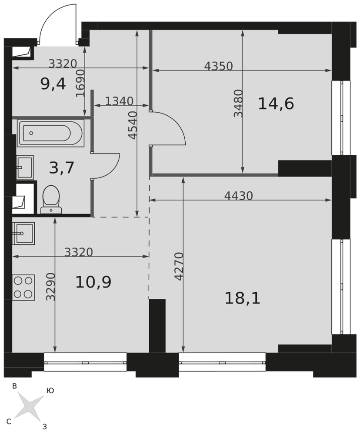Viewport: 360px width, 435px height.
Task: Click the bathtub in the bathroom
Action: point(51,133)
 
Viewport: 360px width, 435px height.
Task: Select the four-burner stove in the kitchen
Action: point(23,288)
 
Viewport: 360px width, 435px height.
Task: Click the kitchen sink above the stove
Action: point(23,233)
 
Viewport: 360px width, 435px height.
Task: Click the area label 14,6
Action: point(276,104)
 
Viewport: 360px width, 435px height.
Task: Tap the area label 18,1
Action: point(243,298)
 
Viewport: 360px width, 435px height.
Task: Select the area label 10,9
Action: point(93,282)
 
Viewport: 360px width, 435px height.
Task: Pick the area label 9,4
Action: point(53,84)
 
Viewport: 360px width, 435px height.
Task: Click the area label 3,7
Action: point(62,168)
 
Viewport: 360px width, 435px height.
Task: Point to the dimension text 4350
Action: point(218,66)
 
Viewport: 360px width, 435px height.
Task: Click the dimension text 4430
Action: point(239,196)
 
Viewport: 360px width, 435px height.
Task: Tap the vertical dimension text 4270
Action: point(179,266)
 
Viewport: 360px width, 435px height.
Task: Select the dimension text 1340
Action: point(119,101)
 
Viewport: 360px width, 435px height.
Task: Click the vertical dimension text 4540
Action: point(133,125)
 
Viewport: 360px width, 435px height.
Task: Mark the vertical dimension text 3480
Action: point(238,103)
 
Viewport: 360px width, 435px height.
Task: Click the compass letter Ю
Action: point(50,391)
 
